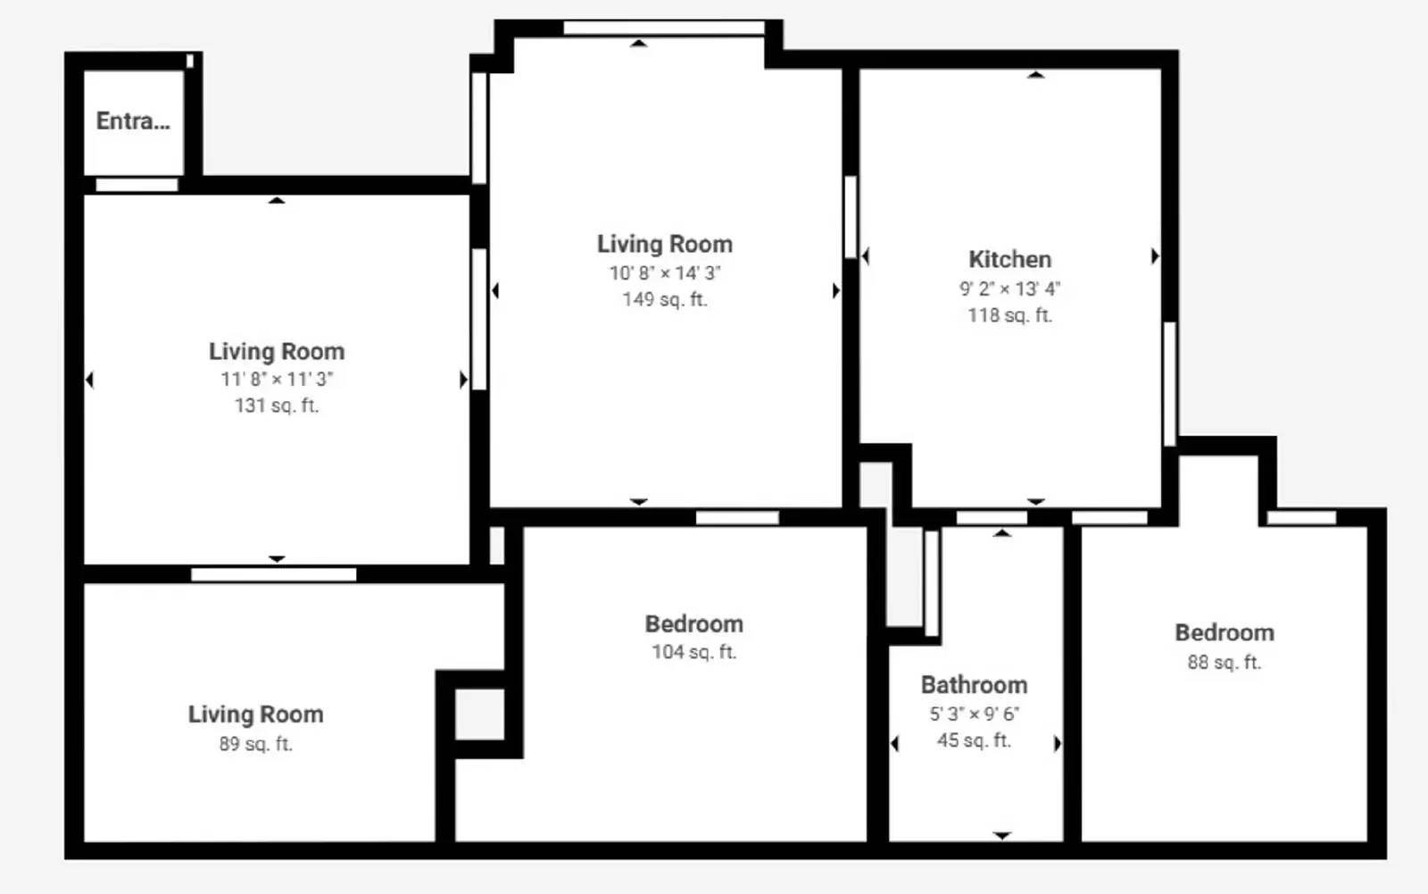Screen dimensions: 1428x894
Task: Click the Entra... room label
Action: [133, 121]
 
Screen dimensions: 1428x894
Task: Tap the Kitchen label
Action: [1009, 260]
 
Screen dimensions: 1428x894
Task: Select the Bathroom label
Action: [974, 685]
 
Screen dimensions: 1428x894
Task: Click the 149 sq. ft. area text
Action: [665, 299]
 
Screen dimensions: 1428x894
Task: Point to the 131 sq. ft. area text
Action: [277, 405]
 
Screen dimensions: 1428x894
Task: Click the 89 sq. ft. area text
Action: [255, 744]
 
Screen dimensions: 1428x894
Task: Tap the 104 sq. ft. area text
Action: [693, 652]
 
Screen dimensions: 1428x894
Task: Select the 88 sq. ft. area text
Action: [1224, 663]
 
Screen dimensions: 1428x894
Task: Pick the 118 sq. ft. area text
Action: [1009, 315]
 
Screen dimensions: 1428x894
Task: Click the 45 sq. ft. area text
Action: [974, 740]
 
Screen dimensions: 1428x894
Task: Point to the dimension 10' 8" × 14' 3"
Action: [665, 273]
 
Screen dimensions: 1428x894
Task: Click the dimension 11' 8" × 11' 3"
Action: [277, 379]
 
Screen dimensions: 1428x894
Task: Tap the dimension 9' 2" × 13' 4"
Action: [1009, 289]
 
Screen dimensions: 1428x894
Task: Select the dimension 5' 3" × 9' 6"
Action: [974, 714]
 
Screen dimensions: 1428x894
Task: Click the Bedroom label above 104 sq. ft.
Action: [693, 624]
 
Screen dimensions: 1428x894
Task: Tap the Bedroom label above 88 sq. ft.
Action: [1224, 633]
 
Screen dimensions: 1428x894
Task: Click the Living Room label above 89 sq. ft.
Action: [255, 714]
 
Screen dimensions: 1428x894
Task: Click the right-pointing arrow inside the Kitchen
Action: [1155, 256]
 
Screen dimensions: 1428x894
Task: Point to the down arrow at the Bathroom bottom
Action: [1002, 836]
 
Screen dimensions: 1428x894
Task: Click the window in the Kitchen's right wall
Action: [1170, 384]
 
